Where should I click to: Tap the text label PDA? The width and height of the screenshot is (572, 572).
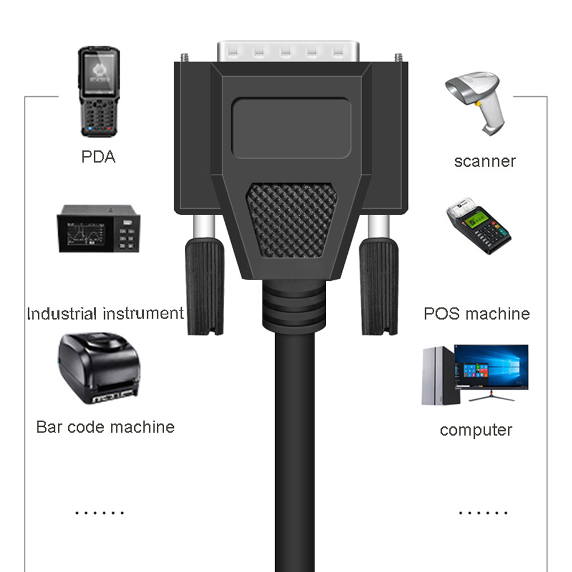click(98, 156)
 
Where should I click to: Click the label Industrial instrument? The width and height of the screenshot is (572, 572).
click(105, 313)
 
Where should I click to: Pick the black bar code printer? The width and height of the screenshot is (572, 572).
click(98, 369)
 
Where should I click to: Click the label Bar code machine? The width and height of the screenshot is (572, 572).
click(105, 427)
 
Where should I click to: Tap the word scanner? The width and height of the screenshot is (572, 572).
click(485, 161)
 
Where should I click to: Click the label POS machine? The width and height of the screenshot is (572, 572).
click(476, 313)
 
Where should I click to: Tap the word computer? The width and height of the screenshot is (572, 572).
click(476, 430)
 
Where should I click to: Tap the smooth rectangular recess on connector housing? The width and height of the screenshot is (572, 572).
click(291, 127)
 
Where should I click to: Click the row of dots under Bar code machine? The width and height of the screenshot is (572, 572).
click(100, 513)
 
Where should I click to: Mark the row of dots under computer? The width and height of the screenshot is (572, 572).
click(483, 513)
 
